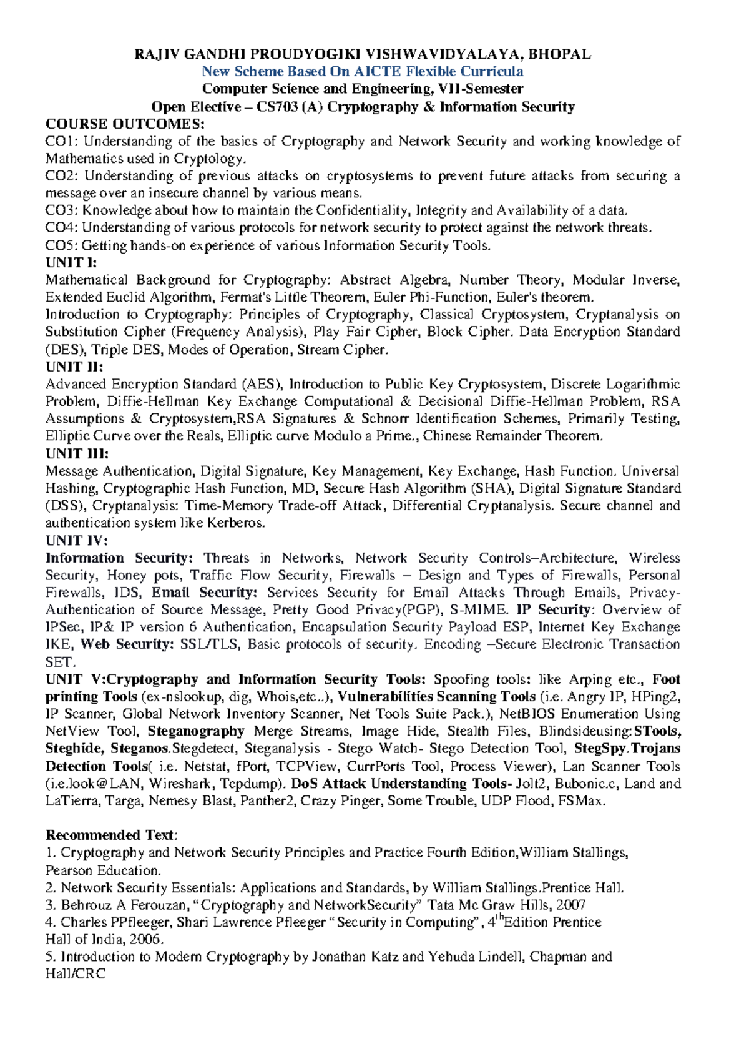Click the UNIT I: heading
71,262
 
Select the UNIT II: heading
74,367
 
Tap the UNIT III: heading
77,453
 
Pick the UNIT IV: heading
76,540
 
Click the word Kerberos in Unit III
239,523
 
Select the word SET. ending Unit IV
60,662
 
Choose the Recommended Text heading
111,835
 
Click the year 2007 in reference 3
571,905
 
